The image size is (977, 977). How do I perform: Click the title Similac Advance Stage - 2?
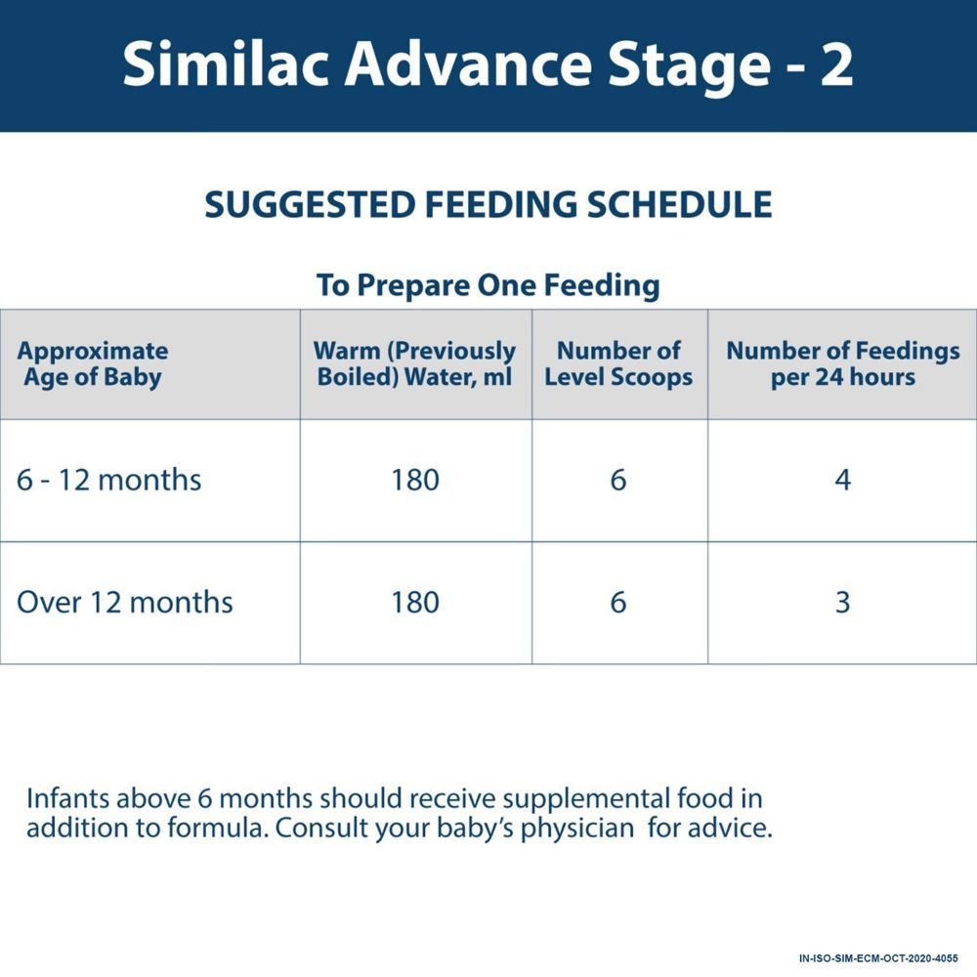[x=488, y=64]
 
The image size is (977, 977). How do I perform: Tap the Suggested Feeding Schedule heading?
[x=488, y=205]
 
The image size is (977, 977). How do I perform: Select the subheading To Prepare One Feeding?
[x=488, y=285]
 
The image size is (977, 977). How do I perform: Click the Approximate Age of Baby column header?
[x=93, y=364]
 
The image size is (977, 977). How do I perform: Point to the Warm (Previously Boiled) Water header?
[x=415, y=364]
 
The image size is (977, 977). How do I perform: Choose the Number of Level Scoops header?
[x=618, y=364]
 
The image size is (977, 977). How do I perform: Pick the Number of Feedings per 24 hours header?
[x=842, y=364]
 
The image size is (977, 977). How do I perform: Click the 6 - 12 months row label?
[x=109, y=481]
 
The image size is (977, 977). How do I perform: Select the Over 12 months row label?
[x=125, y=602]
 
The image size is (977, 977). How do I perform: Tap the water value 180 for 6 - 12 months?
[x=415, y=481]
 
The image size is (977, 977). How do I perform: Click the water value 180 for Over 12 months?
[x=415, y=602]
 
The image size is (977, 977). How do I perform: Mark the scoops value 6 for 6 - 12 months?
[x=618, y=481]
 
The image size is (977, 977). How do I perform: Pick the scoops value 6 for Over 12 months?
[x=618, y=602]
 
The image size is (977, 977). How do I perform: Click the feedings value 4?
[x=842, y=481]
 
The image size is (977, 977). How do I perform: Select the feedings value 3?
[x=842, y=602]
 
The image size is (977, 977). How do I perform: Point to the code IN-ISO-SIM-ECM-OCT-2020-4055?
[x=878, y=958]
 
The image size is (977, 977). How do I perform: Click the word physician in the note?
[x=582, y=829]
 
